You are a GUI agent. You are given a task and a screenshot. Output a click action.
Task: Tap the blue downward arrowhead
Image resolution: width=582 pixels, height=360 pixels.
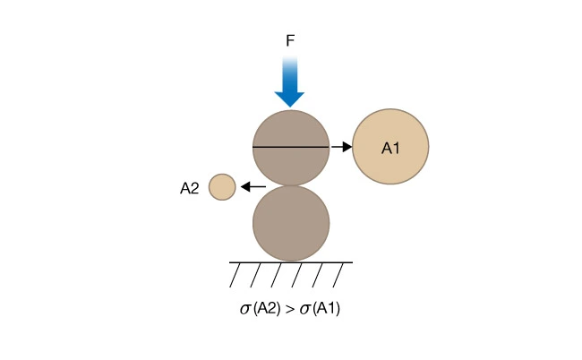click(291, 98)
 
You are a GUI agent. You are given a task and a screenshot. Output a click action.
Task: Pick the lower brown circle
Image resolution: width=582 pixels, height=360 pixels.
click(291, 223)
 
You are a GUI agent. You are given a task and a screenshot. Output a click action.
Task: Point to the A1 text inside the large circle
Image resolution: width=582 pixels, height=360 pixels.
click(390, 147)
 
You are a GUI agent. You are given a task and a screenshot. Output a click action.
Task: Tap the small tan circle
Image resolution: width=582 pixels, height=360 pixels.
click(222, 187)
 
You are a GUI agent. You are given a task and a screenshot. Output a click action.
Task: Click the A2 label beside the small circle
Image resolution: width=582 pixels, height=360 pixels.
click(189, 188)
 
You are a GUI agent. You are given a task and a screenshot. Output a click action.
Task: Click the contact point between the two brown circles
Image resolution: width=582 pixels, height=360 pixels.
click(291, 185)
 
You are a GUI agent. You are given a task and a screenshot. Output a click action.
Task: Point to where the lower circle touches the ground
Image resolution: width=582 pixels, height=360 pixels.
click(291, 261)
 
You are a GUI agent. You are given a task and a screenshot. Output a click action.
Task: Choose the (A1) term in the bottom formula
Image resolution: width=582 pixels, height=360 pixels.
click(327, 310)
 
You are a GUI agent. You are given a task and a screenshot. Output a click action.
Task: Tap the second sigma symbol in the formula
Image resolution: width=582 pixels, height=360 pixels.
click(305, 311)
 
